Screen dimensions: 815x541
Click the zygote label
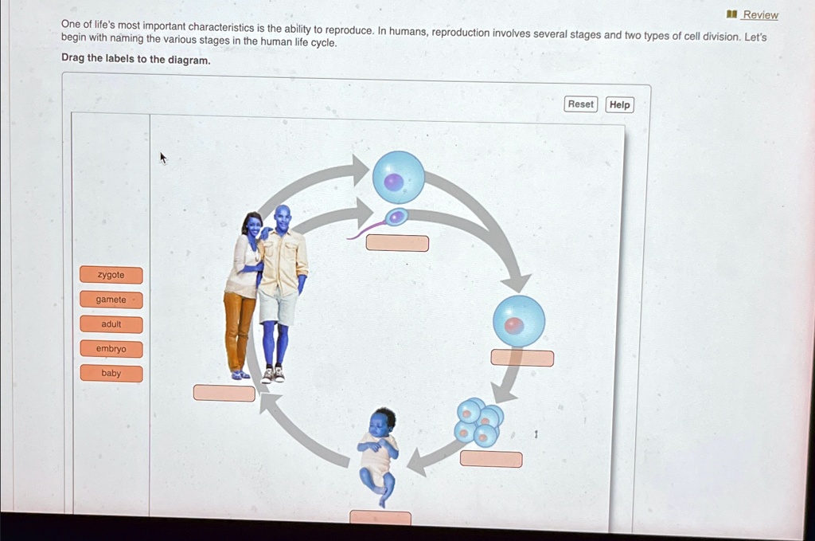click(111, 275)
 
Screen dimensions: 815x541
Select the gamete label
click(111, 300)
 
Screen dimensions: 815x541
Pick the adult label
click(111, 324)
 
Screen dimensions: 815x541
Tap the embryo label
click(111, 348)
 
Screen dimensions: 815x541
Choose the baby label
click(111, 374)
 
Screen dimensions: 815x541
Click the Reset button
click(580, 104)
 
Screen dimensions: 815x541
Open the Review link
click(760, 14)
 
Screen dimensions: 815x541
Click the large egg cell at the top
click(399, 178)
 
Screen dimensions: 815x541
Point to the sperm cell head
click(396, 217)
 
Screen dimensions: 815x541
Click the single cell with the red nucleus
click(519, 321)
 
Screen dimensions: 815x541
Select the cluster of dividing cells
click(478, 421)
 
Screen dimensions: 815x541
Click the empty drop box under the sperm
click(398, 243)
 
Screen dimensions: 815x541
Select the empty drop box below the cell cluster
click(491, 459)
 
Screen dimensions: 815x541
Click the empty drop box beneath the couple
click(224, 393)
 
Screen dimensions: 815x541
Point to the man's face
click(283, 220)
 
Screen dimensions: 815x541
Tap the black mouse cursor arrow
click(163, 158)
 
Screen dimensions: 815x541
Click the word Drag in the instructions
click(72, 57)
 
